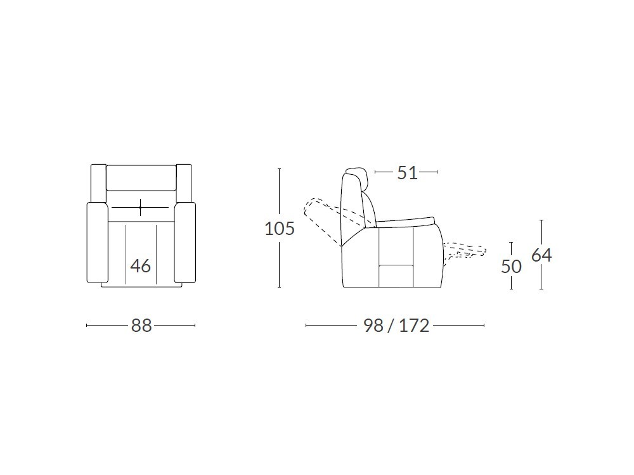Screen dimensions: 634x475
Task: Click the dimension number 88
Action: pos(141,325)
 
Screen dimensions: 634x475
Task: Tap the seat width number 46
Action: pos(141,266)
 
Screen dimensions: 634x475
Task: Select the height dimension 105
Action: pos(280,229)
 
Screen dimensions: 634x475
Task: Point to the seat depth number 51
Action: pos(407,173)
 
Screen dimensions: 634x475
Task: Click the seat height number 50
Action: pos(512,267)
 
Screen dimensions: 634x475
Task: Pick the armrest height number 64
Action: pos(541,255)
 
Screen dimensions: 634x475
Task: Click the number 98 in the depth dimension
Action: pos(373,325)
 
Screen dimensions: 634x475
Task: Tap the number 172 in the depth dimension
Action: pos(413,325)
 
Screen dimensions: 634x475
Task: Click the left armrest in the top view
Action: pos(98,243)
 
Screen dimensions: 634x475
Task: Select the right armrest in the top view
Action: pos(185,243)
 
